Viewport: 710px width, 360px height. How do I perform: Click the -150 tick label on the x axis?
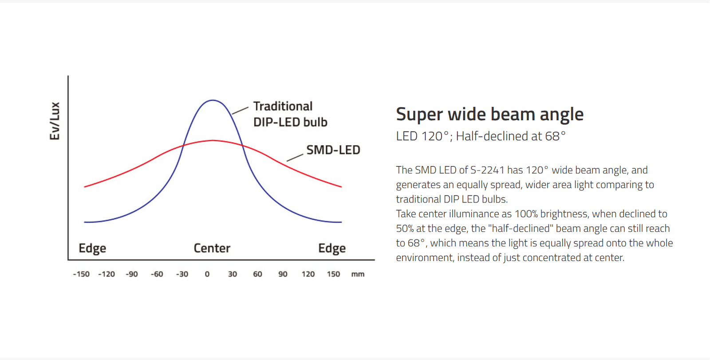81,274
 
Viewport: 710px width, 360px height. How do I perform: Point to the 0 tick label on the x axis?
207,274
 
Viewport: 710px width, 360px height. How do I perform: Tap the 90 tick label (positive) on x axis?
283,274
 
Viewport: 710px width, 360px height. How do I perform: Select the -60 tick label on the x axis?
157,274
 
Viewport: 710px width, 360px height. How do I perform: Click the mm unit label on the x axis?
358,274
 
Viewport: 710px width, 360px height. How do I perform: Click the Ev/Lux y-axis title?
55,121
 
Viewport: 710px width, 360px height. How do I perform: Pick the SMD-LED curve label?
333,150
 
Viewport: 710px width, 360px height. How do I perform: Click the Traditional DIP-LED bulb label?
290,114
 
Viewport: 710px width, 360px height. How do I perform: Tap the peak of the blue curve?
213,100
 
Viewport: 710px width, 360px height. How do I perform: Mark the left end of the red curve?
85,186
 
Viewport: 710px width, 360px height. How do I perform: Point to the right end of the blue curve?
341,222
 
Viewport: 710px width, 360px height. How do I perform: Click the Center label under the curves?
212,248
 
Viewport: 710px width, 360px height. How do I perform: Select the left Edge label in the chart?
92,248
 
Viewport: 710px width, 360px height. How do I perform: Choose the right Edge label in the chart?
332,248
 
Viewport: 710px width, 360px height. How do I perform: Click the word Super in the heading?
419,115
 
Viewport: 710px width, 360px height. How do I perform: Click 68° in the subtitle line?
556,136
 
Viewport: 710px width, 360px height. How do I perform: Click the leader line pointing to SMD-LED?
295,158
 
